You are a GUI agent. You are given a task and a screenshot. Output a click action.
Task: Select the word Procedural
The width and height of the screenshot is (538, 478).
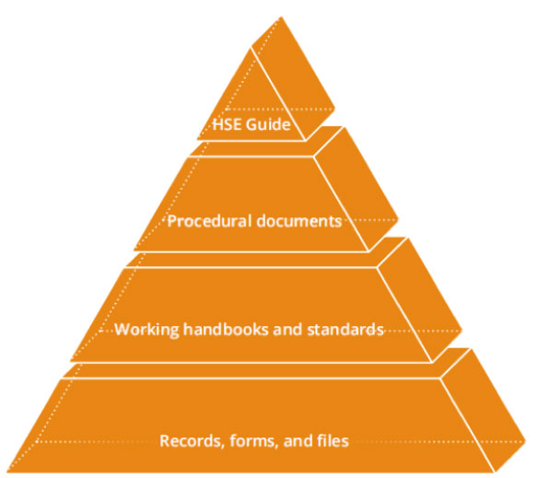(210, 221)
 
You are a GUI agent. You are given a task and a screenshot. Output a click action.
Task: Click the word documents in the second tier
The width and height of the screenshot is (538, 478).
(299, 221)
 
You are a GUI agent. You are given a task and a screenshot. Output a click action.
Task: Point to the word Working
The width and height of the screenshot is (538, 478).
(146, 330)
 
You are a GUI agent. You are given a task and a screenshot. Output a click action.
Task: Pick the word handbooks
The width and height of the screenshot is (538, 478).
(226, 330)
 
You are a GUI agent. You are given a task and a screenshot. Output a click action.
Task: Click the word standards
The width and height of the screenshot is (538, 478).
(345, 330)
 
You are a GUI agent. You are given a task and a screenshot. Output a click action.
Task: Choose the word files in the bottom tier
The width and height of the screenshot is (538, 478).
(333, 440)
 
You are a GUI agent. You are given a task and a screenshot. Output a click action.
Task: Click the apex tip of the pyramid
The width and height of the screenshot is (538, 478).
(281, 17)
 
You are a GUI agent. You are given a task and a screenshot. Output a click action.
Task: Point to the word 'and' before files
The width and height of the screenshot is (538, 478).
(298, 440)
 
